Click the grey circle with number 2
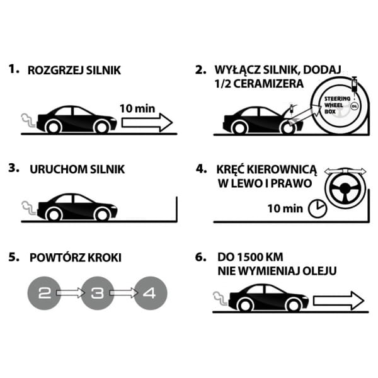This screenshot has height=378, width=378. click(44, 293)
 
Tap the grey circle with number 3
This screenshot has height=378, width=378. click(98, 293)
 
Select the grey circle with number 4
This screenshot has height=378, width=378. click(152, 293)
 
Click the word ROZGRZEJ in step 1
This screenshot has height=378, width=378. click(50, 71)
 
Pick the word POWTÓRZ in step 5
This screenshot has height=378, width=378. click(54, 258)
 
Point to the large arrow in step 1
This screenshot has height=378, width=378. click(147, 121)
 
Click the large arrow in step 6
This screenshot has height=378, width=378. click(338, 299)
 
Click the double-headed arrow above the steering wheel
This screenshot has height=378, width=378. click(345, 171)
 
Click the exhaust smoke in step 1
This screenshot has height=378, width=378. click(26, 118)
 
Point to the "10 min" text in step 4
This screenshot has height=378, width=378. click(285, 207)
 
